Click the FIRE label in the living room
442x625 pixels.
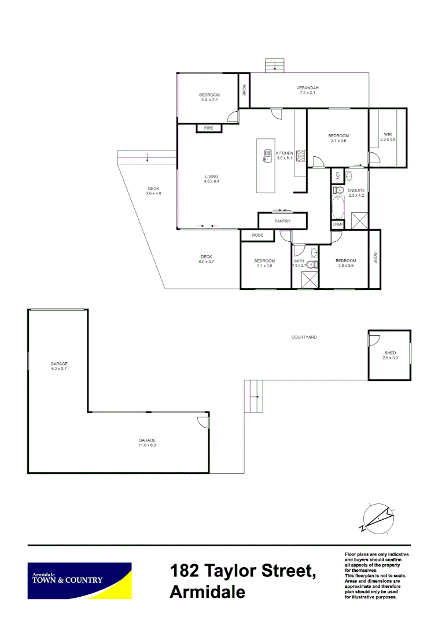click(x=208, y=128)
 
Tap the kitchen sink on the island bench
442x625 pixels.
click(x=268, y=155)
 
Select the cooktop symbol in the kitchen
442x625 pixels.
click(x=300, y=155)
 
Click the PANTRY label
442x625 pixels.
click(x=282, y=221)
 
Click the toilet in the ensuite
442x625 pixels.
click(x=338, y=190)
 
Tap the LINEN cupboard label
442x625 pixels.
click(x=338, y=225)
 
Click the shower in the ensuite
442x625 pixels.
click(x=359, y=220)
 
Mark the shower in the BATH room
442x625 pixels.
click(x=306, y=280)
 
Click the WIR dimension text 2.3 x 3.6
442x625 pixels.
click(x=388, y=139)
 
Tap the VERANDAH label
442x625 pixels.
click(x=308, y=88)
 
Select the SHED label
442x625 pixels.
click(x=390, y=353)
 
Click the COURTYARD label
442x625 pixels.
click(x=304, y=337)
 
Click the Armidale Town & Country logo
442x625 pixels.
click(x=79, y=580)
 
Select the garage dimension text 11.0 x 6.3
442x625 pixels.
click(x=148, y=445)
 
